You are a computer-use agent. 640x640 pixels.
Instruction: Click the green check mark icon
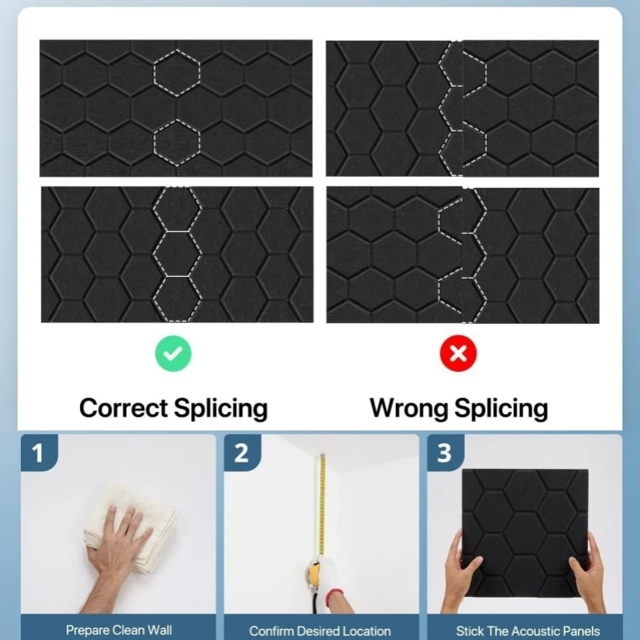pyautogui.click(x=173, y=354)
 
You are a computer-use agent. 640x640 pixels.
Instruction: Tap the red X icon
pyautogui.click(x=458, y=354)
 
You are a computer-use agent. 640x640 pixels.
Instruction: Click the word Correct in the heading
pyautogui.click(x=123, y=408)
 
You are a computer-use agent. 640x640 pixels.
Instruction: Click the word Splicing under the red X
pyautogui.click(x=502, y=409)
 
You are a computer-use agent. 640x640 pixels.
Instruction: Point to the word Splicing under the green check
pyautogui.click(x=221, y=409)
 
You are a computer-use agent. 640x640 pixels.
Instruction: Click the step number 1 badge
pyautogui.click(x=39, y=453)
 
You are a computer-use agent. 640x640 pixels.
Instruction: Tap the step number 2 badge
pyautogui.click(x=242, y=453)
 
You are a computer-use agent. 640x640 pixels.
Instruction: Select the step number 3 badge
pyautogui.click(x=446, y=453)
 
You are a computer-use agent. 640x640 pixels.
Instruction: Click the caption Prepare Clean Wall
pyautogui.click(x=118, y=630)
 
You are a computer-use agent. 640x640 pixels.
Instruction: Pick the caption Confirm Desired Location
pyautogui.click(x=320, y=630)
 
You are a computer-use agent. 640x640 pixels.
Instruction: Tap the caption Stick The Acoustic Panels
pyautogui.click(x=528, y=630)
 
